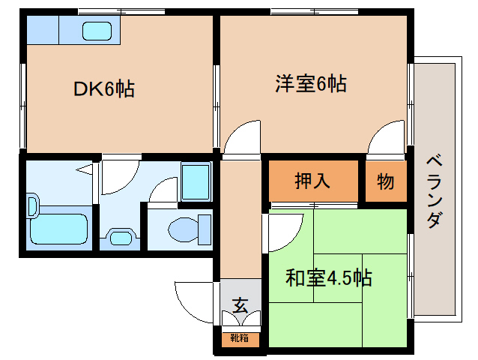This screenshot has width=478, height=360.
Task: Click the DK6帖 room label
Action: pos(103,89)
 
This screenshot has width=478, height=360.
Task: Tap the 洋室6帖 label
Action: pos(309,84)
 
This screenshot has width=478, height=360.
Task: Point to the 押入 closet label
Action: pos(314,181)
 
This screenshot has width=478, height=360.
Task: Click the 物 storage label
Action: pos(386,181)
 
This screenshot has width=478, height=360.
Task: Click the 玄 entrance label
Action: pos(240,305)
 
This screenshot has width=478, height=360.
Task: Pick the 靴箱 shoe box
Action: pos(240,339)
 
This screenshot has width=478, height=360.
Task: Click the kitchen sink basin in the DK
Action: pos(97,32)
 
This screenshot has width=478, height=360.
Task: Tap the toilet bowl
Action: pos(184,228)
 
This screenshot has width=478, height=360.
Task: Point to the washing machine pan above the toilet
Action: pos(196,182)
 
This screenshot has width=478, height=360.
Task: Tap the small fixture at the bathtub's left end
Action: pos(32,206)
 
